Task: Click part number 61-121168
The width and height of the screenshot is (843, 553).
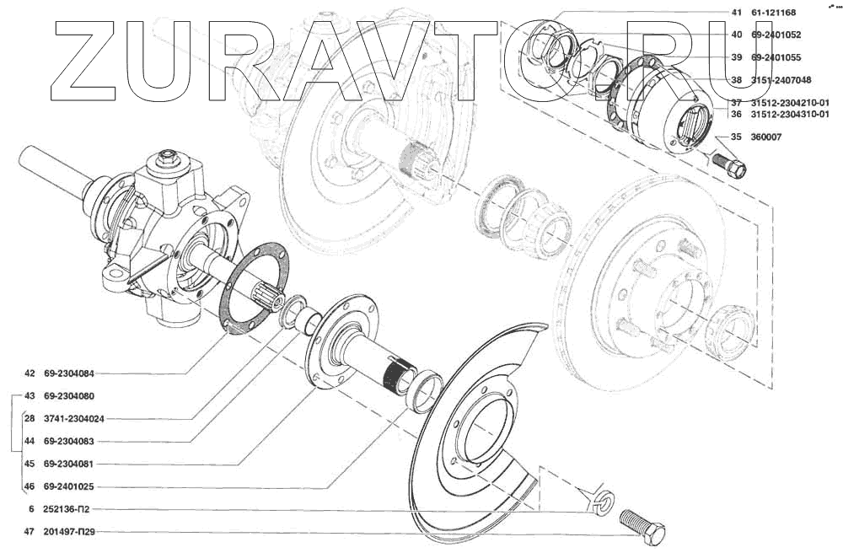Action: coord(772,13)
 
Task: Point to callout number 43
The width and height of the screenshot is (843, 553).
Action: coord(30,396)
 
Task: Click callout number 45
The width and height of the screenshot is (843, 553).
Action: coord(30,464)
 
